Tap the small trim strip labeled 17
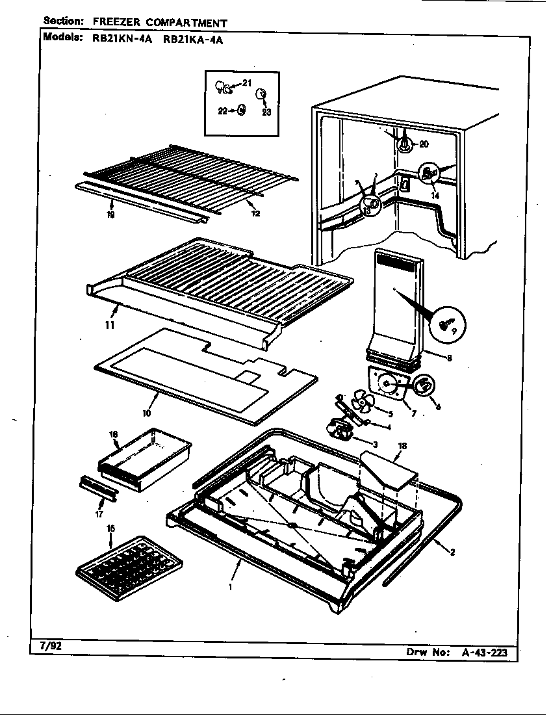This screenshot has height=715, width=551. pyautogui.click(x=97, y=487)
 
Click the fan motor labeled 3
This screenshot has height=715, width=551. pyautogui.click(x=342, y=429)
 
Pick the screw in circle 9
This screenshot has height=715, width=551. pyautogui.click(x=446, y=324)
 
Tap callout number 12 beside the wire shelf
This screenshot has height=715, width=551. pyautogui.click(x=255, y=213)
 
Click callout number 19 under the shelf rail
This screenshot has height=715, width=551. pyautogui.click(x=110, y=214)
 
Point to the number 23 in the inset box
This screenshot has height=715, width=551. pyautogui.click(x=266, y=112)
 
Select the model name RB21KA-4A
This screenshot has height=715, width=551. pyautogui.click(x=193, y=38)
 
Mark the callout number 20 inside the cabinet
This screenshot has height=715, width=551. pyautogui.click(x=424, y=144)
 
